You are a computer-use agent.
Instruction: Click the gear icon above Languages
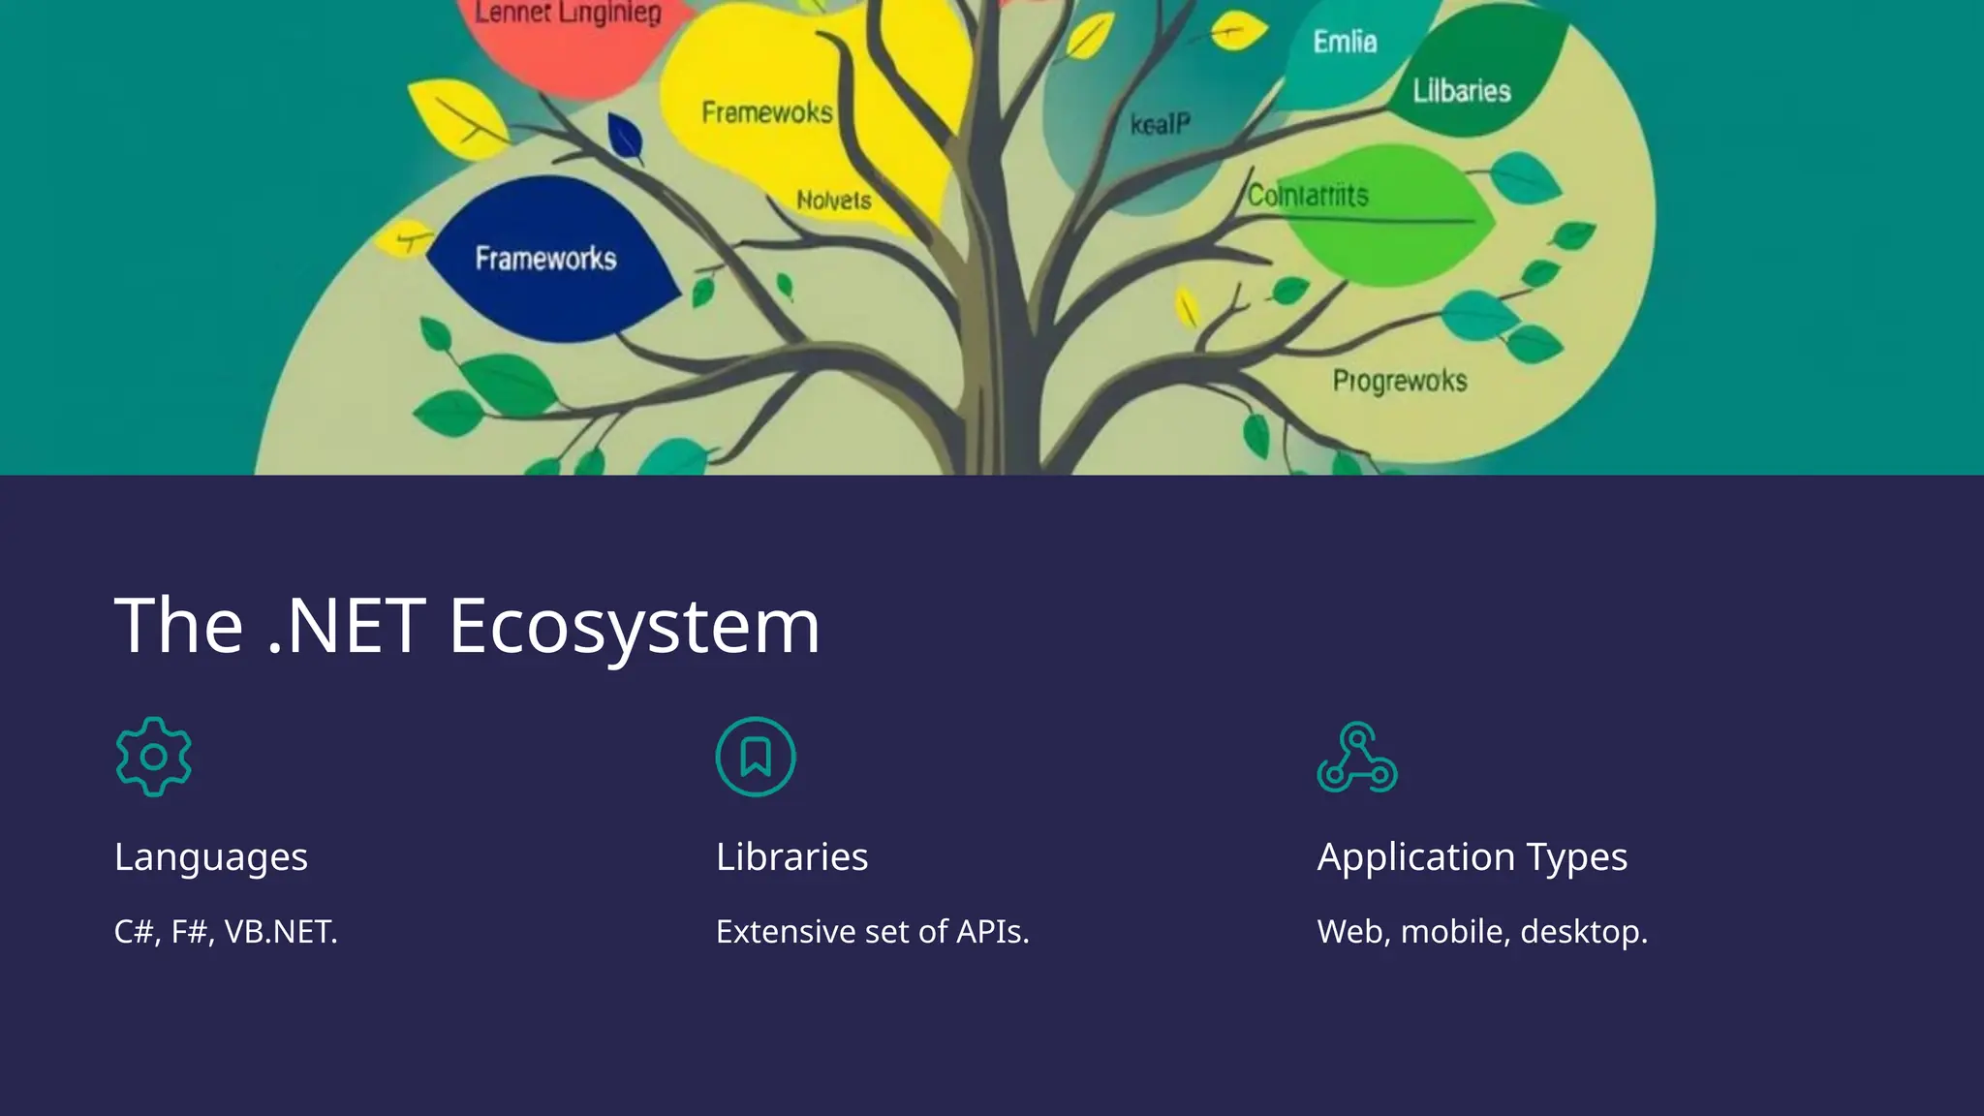click(153, 757)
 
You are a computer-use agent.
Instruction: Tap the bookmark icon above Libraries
click(756, 757)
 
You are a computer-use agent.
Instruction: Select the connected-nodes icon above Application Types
click(1356, 758)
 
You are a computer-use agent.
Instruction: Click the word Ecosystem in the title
click(635, 626)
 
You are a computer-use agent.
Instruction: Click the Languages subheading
click(211, 856)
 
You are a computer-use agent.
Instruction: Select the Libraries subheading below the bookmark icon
click(791, 856)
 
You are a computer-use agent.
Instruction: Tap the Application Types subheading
click(1472, 856)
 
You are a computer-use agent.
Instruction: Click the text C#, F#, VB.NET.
click(226, 932)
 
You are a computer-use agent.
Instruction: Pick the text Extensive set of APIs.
click(872, 932)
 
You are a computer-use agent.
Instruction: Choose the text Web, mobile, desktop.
click(1481, 932)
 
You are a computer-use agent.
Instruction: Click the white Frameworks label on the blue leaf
click(545, 259)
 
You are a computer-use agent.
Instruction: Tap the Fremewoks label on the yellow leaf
click(766, 112)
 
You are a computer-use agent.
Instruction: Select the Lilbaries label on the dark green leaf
click(1461, 91)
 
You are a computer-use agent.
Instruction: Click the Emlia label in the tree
click(1345, 42)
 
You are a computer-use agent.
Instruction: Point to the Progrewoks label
click(1399, 381)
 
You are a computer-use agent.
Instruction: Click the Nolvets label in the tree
click(833, 201)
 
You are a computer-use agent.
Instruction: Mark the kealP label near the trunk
click(1160, 124)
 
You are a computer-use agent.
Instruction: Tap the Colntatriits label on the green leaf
click(1307, 196)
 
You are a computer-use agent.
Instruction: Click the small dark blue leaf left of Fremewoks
click(625, 138)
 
